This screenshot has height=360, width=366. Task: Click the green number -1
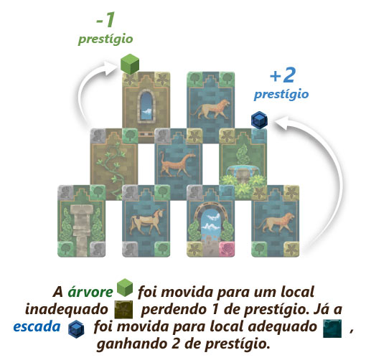pos(105,19)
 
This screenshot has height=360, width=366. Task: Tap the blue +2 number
pos(283,75)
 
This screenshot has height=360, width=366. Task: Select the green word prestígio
pos(105,39)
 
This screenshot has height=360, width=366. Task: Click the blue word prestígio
pos(281,95)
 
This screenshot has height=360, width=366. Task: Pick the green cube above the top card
pos(130,64)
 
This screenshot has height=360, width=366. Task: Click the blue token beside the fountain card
pos(259,120)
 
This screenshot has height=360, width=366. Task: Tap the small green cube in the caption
pos(125,288)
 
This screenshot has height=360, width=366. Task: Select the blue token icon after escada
pos(76,329)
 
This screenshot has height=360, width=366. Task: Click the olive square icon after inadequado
pos(123,310)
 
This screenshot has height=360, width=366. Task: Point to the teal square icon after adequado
pos(332,328)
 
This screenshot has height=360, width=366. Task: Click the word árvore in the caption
pos(90,292)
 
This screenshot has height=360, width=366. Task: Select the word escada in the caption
pos(37,327)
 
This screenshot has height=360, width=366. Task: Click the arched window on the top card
pos(146,106)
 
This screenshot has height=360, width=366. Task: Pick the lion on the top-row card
pos(210,109)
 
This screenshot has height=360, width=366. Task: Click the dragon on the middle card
pos(177,164)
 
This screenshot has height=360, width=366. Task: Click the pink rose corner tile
pos(227,249)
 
